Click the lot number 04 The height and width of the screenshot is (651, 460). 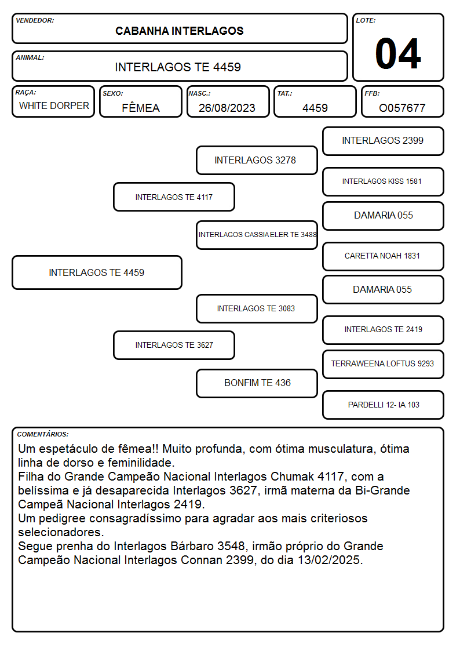[398, 53]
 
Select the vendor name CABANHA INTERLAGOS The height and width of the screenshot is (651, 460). [179, 31]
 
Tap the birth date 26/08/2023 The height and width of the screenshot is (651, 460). [227, 108]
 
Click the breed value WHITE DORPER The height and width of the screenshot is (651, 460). [54, 106]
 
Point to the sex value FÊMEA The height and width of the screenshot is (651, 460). [141, 107]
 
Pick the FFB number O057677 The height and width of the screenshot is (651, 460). [402, 108]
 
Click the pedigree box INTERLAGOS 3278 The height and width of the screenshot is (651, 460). [257, 160]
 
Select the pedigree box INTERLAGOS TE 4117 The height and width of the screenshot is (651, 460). [174, 197]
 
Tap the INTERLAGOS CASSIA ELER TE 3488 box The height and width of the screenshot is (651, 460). [257, 235]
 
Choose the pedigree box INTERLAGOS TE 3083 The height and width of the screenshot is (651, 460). [257, 308]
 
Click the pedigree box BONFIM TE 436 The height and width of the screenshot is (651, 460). [257, 383]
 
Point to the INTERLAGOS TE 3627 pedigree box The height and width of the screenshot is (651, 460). [174, 345]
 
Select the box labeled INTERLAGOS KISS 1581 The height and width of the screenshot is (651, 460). [383, 181]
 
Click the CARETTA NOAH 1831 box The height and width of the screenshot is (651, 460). [383, 256]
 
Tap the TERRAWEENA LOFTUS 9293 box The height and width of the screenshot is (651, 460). [383, 364]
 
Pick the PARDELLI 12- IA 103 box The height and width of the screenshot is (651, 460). [383, 405]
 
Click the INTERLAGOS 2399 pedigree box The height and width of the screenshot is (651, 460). [383, 141]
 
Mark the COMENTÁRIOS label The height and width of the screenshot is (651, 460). [43, 434]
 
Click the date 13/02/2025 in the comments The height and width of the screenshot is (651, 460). [329, 560]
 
